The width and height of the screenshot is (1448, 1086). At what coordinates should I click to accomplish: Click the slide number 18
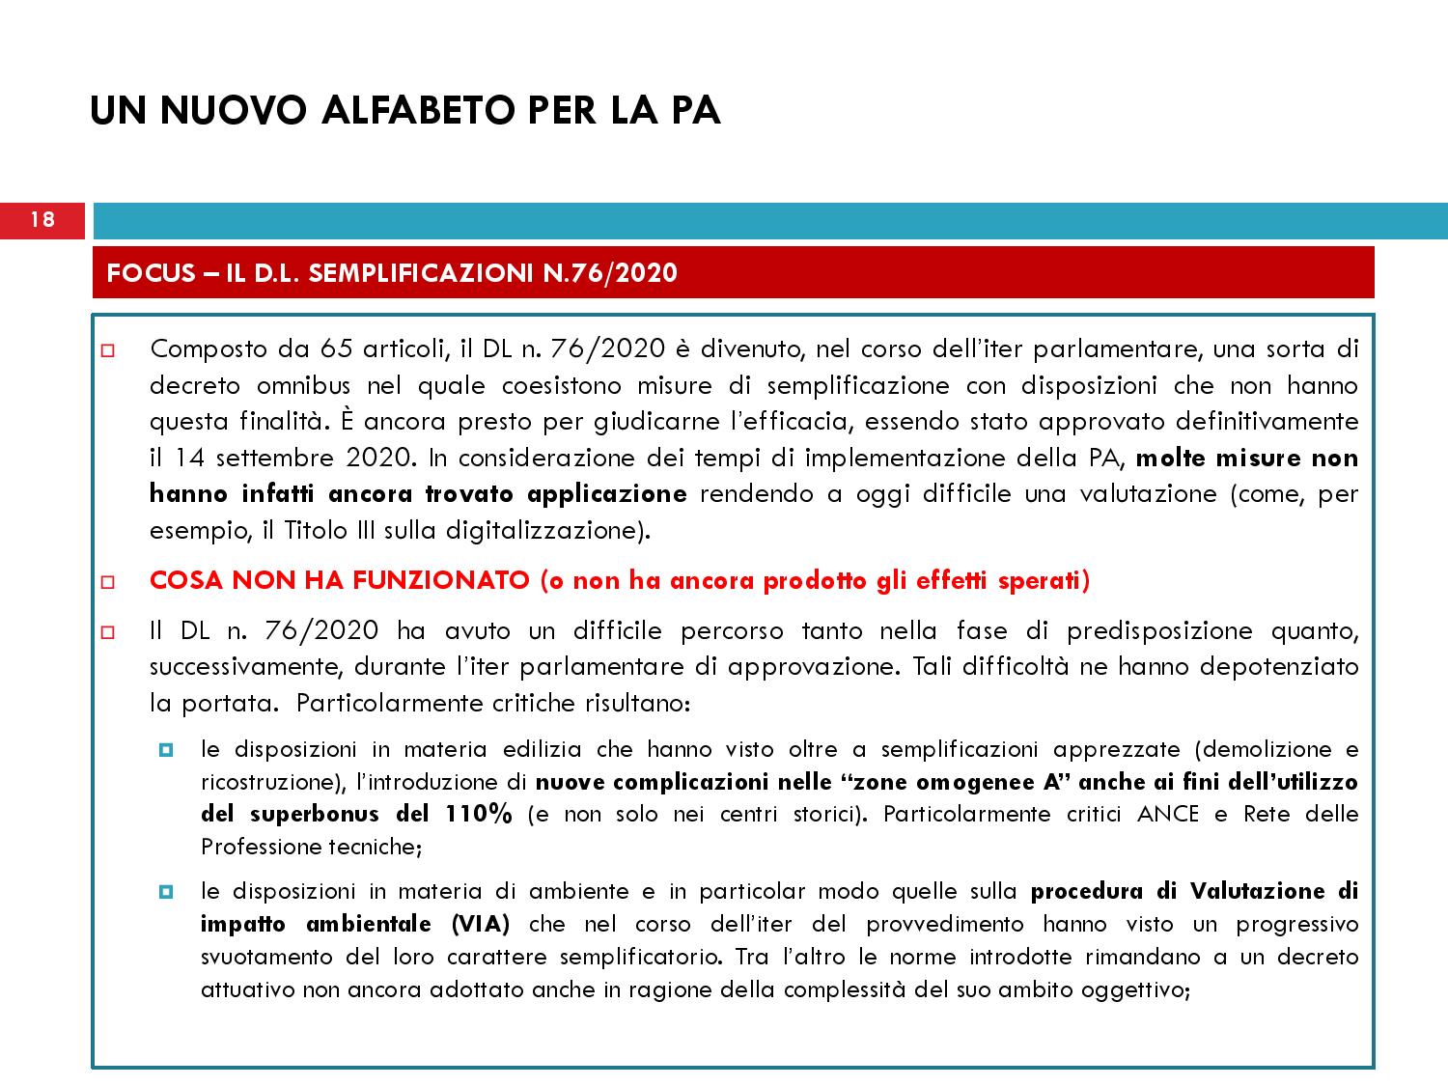coord(42,220)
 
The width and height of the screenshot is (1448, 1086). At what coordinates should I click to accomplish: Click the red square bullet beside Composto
coord(107,349)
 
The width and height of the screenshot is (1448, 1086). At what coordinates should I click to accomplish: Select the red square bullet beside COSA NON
coord(107,582)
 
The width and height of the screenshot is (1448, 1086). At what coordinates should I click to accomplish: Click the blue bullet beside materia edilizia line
coord(165,749)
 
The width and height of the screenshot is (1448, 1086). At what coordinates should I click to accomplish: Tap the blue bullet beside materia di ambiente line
coord(165,891)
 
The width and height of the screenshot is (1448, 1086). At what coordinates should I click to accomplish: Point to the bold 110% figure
coord(479,814)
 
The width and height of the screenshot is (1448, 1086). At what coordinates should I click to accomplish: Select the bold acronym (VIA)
coord(481,924)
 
